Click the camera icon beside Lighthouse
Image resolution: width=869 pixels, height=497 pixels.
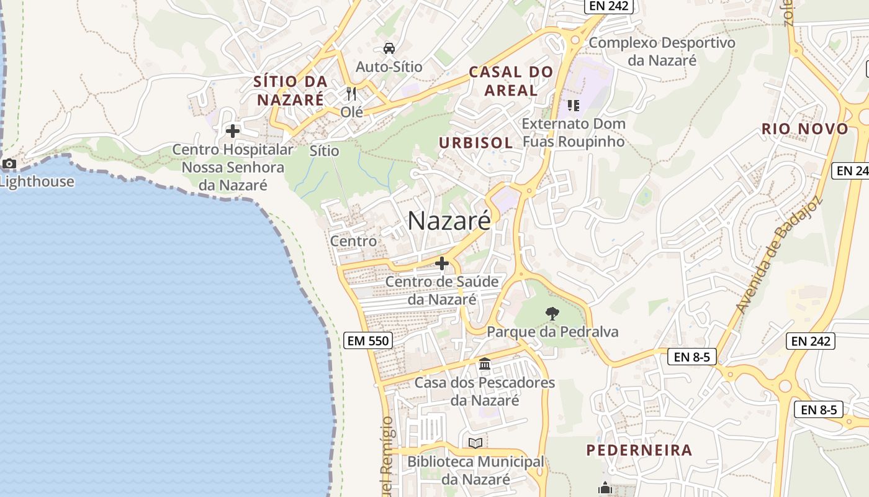[x=9, y=164]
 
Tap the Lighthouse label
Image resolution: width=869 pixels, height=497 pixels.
[x=37, y=182]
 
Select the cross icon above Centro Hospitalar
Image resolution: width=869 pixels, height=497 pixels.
[x=233, y=131]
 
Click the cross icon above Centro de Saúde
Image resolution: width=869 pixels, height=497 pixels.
[x=442, y=263]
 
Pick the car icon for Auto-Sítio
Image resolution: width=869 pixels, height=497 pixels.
[x=389, y=48]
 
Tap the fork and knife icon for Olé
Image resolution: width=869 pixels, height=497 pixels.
[x=351, y=94]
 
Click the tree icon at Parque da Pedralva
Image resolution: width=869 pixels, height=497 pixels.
[x=552, y=314]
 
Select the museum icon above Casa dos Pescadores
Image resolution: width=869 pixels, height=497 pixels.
[x=485, y=364]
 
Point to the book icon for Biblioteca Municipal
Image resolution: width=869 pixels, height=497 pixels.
[x=475, y=443]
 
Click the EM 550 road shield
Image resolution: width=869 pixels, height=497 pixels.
[x=367, y=340]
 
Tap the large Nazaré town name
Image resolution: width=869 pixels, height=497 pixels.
[x=449, y=221]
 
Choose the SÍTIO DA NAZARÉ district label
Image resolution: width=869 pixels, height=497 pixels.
[x=290, y=91]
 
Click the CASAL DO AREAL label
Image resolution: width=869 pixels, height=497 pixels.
[x=511, y=81]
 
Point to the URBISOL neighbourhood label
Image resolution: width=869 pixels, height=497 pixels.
[x=476, y=143]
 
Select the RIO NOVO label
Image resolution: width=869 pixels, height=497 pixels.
[x=805, y=129]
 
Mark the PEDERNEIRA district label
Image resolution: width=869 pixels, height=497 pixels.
[x=639, y=450]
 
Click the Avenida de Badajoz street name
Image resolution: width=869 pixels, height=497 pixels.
[x=778, y=255]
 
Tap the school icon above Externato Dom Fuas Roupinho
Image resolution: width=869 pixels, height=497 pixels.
[x=573, y=105]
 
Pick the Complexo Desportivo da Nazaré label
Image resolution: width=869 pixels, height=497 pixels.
[x=662, y=52]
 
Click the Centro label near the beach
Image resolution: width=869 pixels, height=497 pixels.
[x=353, y=241]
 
